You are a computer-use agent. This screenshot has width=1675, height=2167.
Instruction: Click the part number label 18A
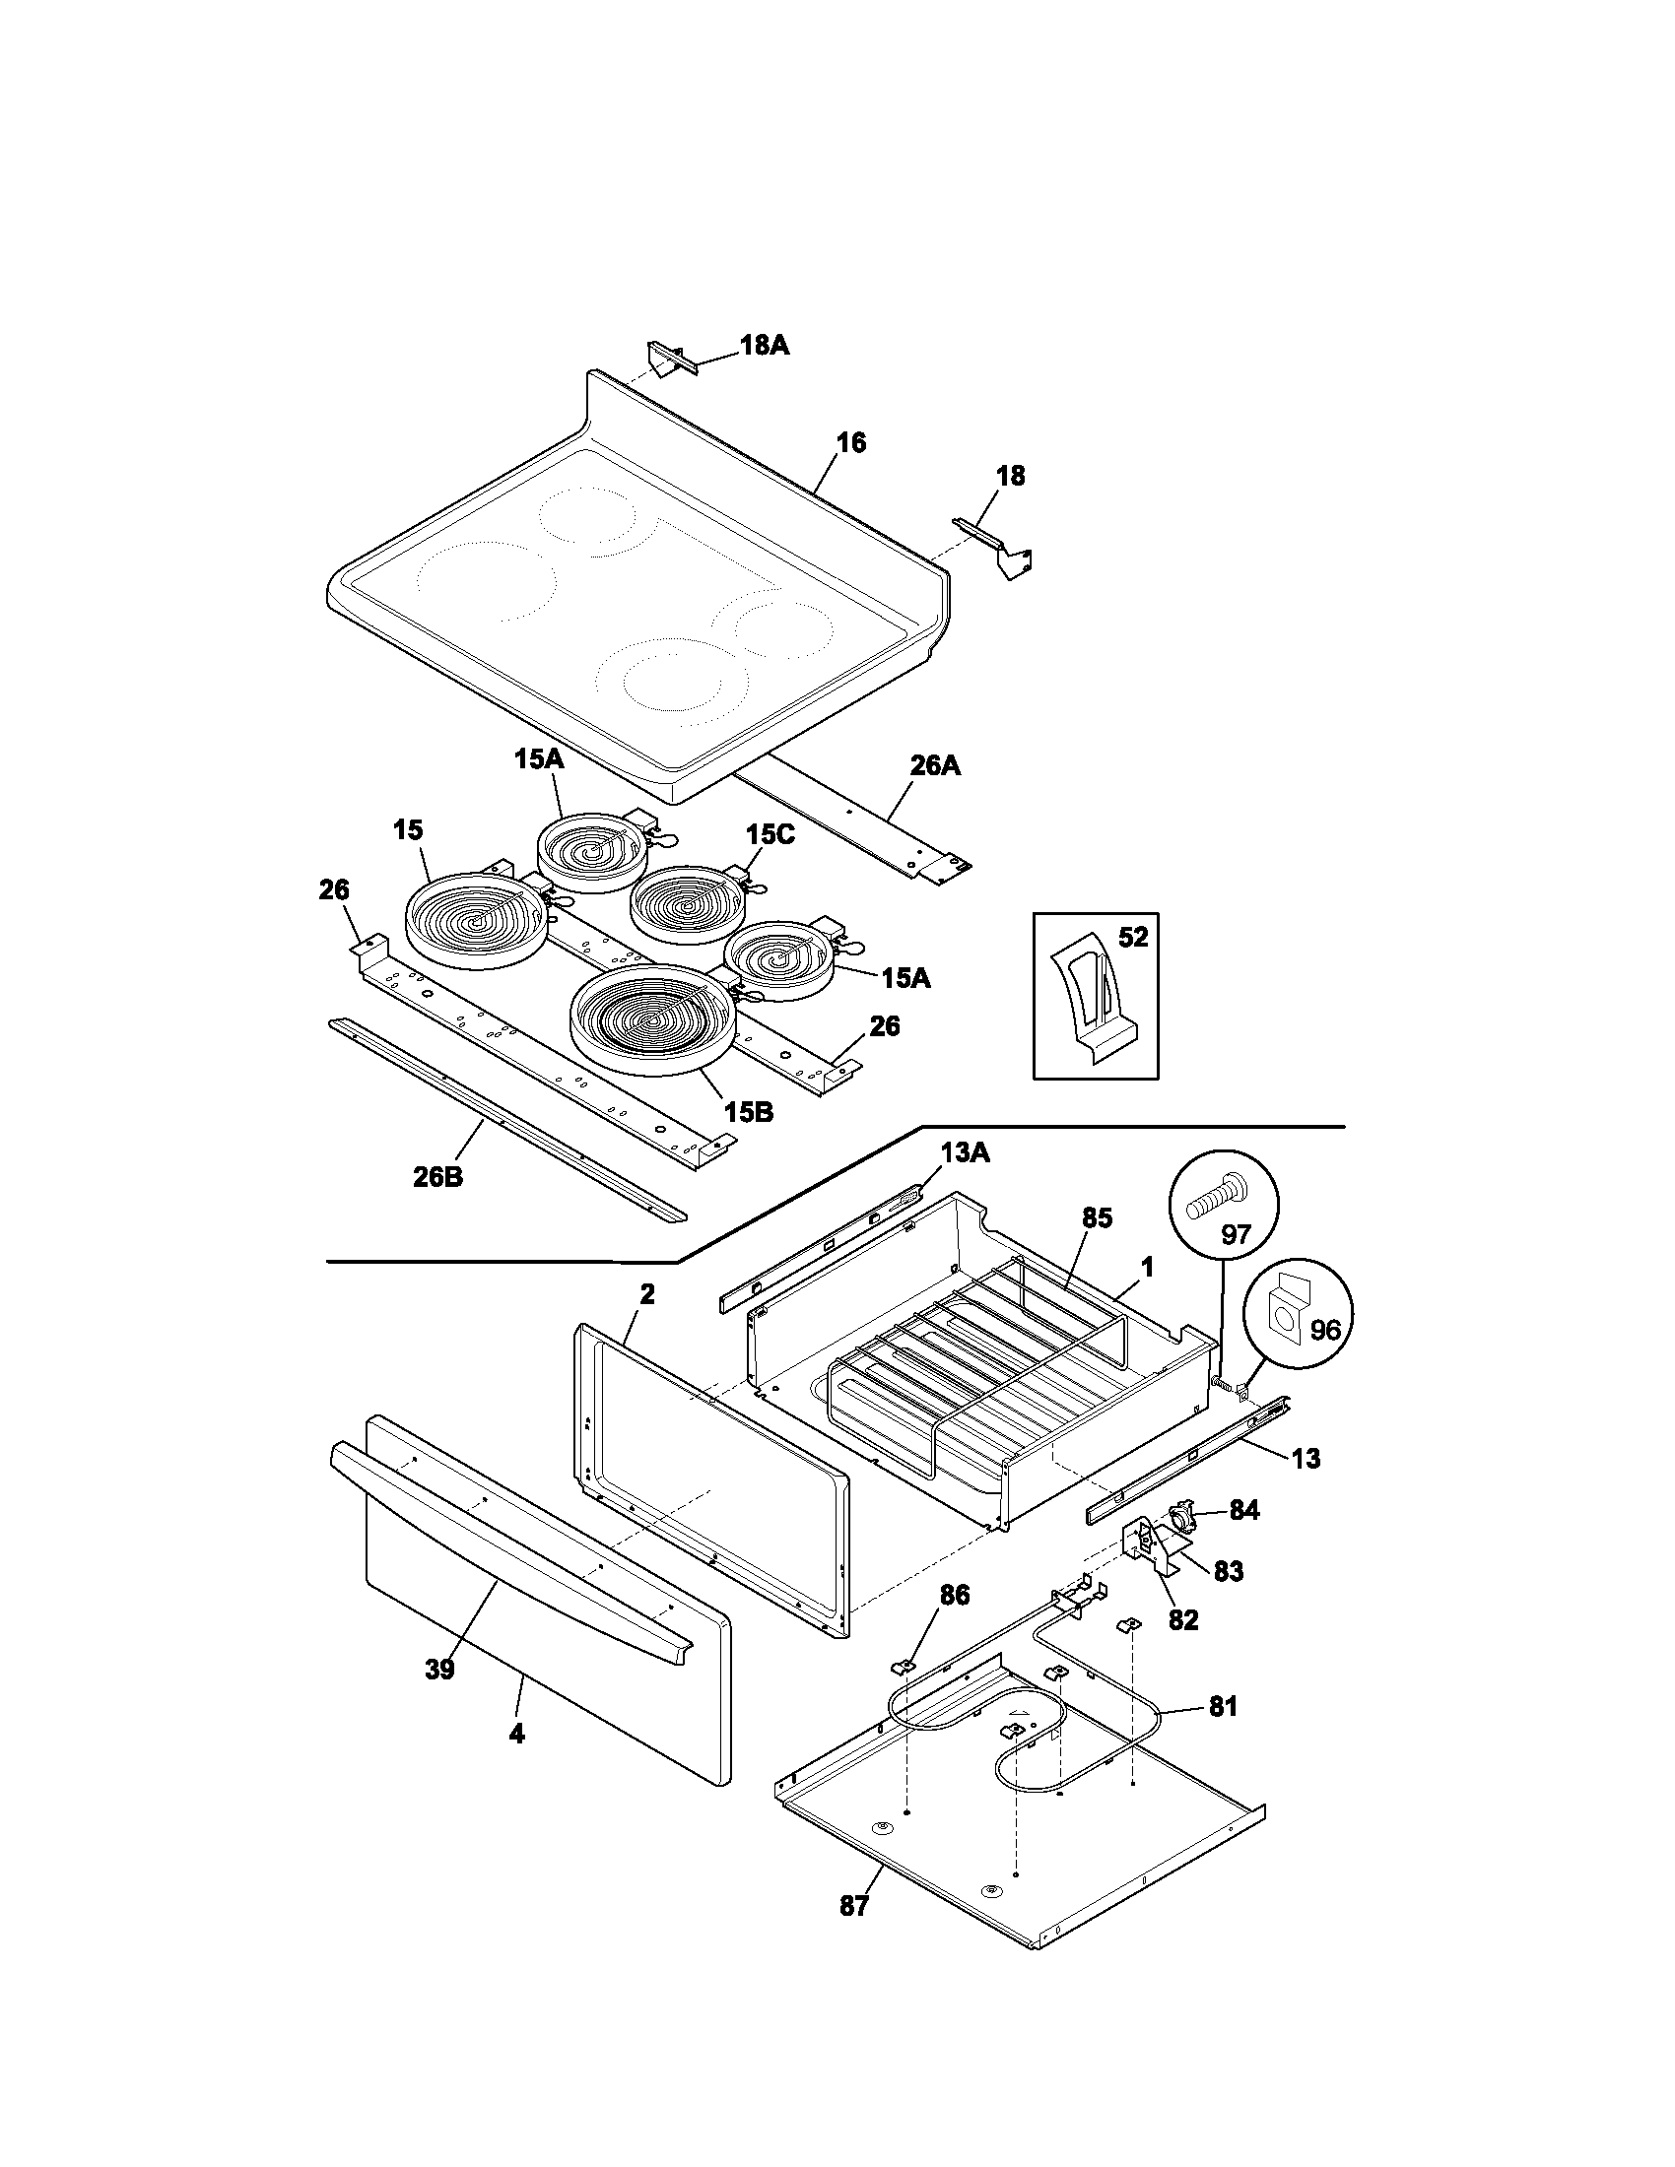click(x=764, y=346)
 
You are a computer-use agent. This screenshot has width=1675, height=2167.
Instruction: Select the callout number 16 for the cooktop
click(x=850, y=442)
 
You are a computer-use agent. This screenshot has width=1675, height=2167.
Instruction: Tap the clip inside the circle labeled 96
click(x=1289, y=1311)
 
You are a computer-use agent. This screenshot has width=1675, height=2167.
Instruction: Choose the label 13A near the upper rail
click(x=965, y=1152)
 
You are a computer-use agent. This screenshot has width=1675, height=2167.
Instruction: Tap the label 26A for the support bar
click(x=935, y=765)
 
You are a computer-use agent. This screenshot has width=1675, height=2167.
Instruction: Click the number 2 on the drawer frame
click(x=646, y=1293)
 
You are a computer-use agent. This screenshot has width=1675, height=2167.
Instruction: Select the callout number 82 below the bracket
click(x=1182, y=1619)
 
